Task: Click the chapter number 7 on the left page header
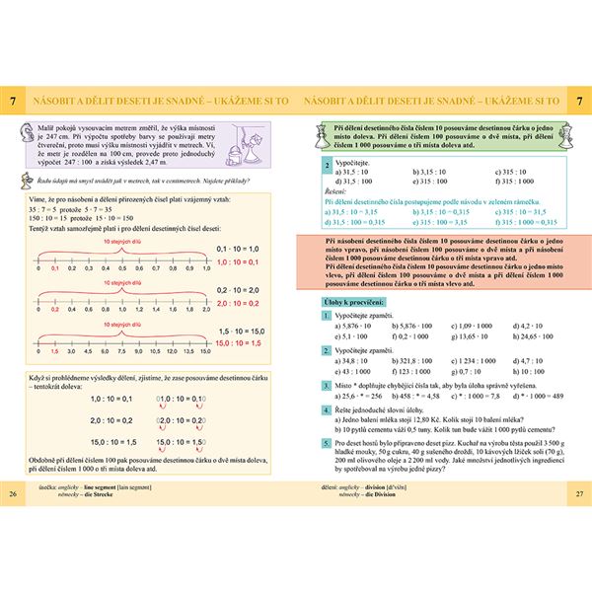(x=12, y=102)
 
